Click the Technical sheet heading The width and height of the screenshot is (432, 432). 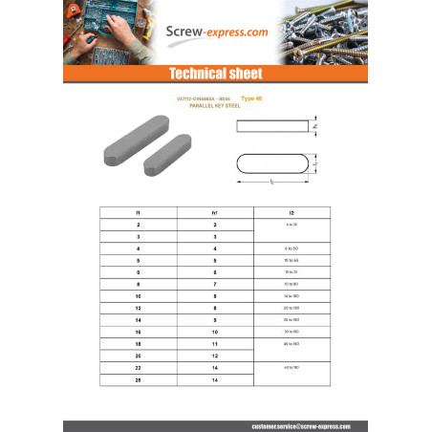[x=215, y=74]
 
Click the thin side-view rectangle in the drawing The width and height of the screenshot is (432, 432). [x=272, y=125]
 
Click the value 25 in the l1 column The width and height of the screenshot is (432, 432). [x=139, y=380]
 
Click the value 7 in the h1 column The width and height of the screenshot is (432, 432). [x=215, y=284]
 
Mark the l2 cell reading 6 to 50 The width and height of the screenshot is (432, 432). [x=291, y=248]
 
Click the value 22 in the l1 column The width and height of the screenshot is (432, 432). [x=139, y=368]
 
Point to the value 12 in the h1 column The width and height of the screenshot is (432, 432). [x=215, y=356]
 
